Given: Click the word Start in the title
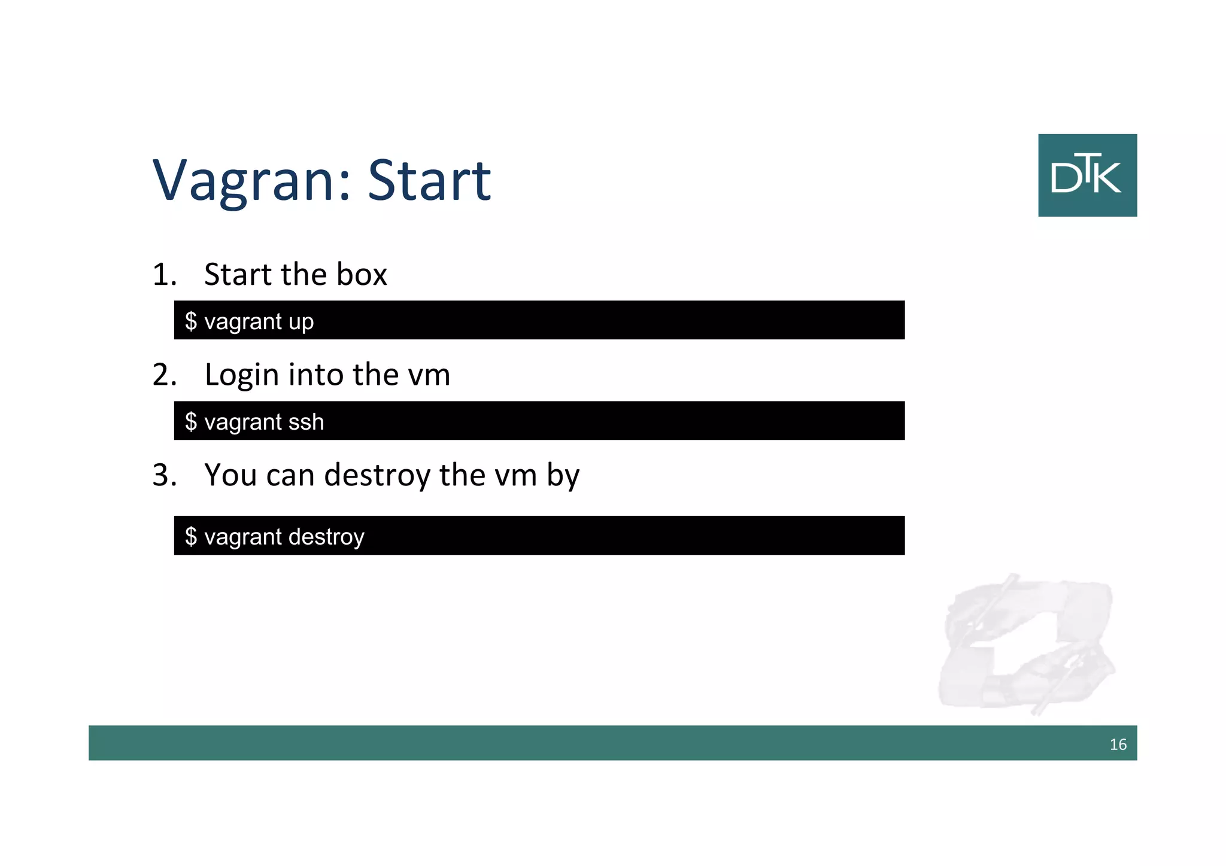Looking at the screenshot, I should [429, 180].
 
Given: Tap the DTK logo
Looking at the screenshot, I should [1087, 175].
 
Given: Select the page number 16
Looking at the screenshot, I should [1118, 745].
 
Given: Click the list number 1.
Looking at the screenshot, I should [163, 275].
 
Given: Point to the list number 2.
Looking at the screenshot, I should [164, 375].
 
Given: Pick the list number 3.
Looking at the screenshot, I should [164, 475].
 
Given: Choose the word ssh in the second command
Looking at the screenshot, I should [306, 423].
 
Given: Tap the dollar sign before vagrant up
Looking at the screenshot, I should [191, 321].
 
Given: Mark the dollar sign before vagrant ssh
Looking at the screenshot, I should [191, 422].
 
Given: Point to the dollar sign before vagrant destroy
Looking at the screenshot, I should [191, 536].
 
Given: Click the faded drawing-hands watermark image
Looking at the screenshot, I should [1027, 643].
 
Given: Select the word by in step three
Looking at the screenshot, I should [563, 476].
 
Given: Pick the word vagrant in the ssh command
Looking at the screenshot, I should [243, 423].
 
